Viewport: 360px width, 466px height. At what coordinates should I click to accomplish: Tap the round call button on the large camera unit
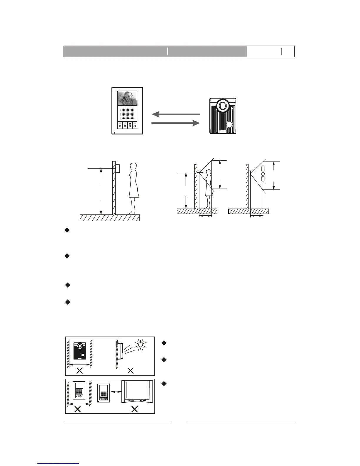click(229, 125)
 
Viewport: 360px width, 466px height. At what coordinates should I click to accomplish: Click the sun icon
click(140, 344)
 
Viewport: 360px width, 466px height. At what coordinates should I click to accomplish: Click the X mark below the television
click(135, 409)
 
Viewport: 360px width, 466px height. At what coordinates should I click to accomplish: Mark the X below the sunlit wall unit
click(131, 371)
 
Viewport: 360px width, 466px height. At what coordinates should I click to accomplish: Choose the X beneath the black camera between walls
click(79, 371)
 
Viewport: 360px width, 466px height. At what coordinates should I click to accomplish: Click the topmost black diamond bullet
click(67, 230)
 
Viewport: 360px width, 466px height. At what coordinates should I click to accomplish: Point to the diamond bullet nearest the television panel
click(164, 384)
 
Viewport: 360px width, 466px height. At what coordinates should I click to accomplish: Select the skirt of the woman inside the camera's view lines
click(209, 191)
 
